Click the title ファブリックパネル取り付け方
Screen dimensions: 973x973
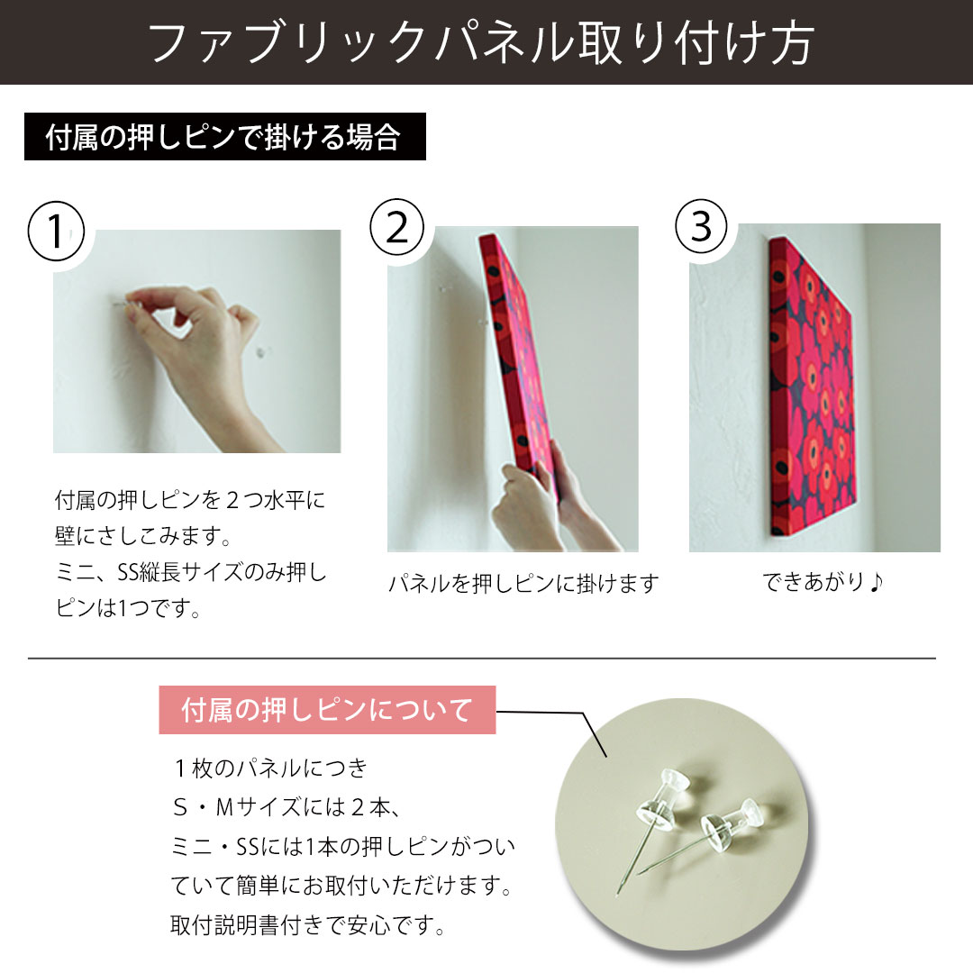[x=486, y=42]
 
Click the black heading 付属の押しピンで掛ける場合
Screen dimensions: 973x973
[x=224, y=139]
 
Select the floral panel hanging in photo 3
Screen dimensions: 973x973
[x=811, y=387]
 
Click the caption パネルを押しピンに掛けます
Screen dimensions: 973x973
[x=523, y=583]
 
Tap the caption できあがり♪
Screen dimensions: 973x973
[x=823, y=582]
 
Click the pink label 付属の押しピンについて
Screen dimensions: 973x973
[x=327, y=711]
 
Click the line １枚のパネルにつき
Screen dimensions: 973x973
[x=269, y=768]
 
